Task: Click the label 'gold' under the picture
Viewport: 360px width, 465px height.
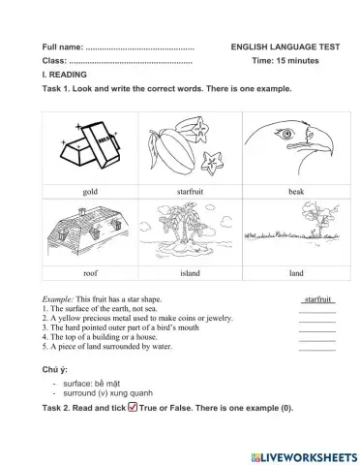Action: [x=90, y=192]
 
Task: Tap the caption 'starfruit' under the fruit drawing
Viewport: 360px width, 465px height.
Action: [x=190, y=192]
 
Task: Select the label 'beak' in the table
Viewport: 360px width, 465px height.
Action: [x=296, y=192]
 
